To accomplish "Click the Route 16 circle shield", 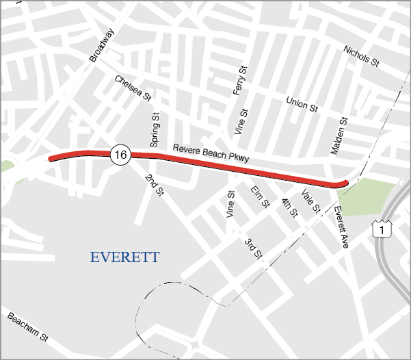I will click(120, 155).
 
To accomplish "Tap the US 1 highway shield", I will click(382, 229).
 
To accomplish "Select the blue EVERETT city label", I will click(124, 257).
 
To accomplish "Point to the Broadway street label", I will click(101, 46).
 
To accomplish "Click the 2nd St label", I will click(155, 186).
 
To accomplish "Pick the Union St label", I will click(302, 104).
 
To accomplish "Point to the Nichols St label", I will click(361, 57).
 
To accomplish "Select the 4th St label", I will click(290, 207).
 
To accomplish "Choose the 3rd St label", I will click(254, 248).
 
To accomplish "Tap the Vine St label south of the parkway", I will click(230, 205).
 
